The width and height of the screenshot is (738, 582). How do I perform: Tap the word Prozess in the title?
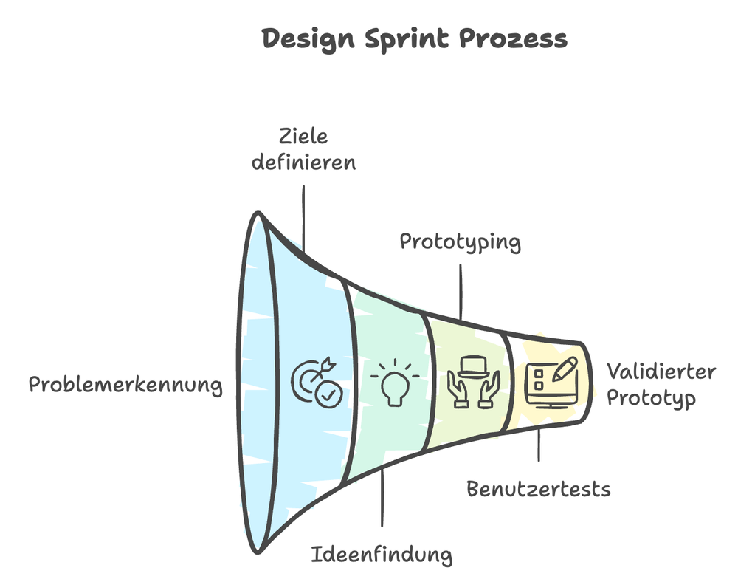514,39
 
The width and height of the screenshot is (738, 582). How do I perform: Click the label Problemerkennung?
125,385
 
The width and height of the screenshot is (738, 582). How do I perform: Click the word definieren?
303,161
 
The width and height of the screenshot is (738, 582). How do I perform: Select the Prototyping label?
460,242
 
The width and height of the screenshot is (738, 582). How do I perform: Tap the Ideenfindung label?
382,554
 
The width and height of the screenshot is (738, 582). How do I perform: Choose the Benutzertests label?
539,489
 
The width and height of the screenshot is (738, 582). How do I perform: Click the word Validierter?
661,371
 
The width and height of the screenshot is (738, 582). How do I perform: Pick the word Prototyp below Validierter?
651,399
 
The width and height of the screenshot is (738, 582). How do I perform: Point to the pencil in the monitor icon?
565,367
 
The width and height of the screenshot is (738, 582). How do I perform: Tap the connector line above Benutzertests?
539,443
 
